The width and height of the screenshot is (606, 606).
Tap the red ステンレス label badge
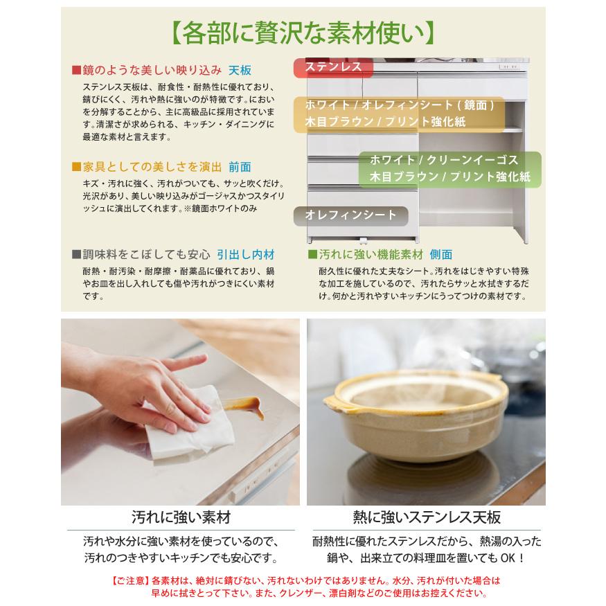click(334, 67)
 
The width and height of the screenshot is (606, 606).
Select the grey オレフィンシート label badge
click(351, 215)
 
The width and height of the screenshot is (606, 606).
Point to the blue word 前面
click(240, 167)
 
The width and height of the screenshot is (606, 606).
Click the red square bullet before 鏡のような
click(76, 71)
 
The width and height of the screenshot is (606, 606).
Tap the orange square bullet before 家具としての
click(76, 167)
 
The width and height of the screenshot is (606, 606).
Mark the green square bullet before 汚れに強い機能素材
click(312, 254)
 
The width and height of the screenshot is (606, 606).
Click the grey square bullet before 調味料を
click(76, 254)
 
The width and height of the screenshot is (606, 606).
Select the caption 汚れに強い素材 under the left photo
click(181, 517)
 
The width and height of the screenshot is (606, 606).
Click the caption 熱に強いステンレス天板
click(426, 517)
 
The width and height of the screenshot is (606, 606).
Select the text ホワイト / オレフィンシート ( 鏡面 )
click(400, 105)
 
